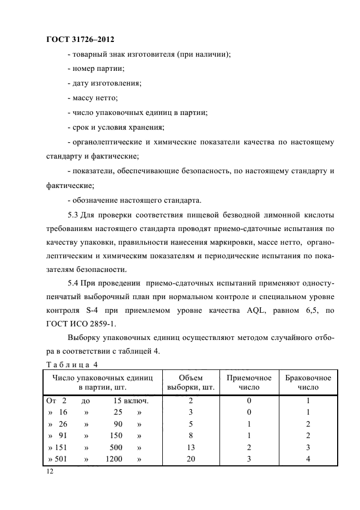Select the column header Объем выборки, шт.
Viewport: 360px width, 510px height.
(x=191, y=382)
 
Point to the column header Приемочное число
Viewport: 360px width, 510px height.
(x=249, y=382)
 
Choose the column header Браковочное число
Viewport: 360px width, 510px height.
(x=308, y=382)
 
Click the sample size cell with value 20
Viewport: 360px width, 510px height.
(x=191, y=459)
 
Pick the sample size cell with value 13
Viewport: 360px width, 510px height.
(x=191, y=447)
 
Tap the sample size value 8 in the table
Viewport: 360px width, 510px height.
(x=191, y=435)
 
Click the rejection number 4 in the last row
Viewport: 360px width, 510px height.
(x=308, y=459)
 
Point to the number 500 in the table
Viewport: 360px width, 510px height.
(x=115, y=447)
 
